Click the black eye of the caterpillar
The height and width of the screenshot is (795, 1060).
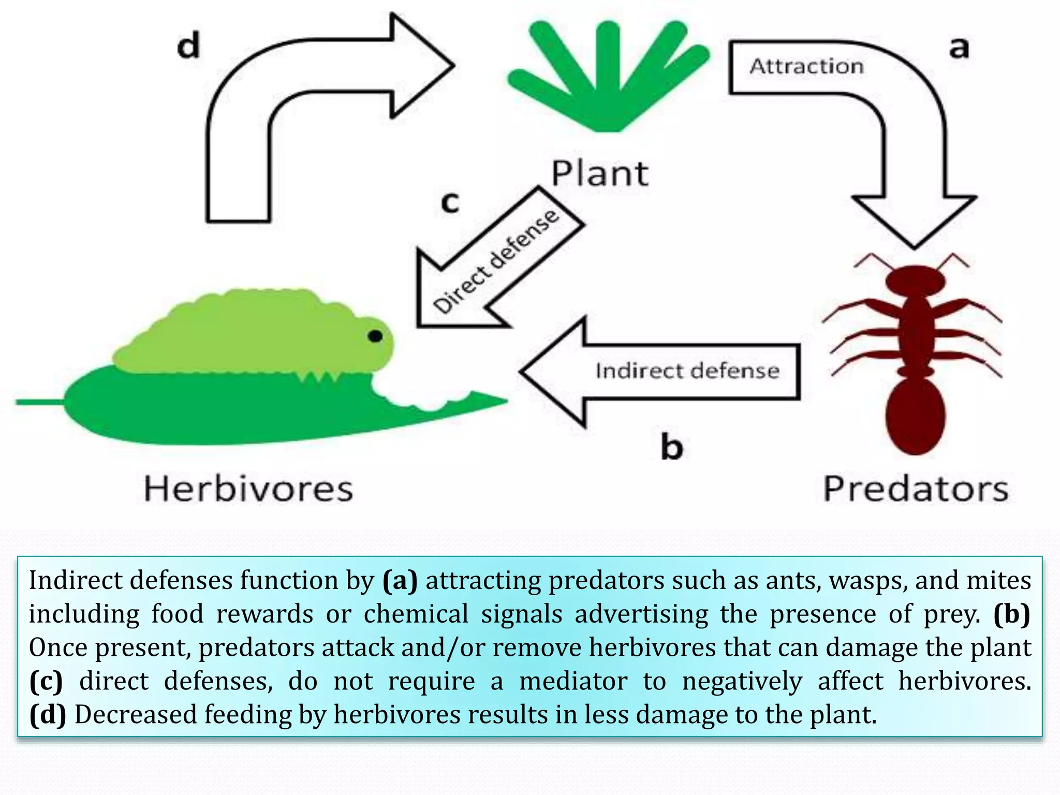pyautogui.click(x=375, y=336)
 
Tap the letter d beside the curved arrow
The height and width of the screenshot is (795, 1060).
pyautogui.click(x=188, y=45)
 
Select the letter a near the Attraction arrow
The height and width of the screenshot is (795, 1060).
pyautogui.click(x=959, y=48)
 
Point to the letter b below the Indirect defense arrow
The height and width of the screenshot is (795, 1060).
pyautogui.click(x=672, y=447)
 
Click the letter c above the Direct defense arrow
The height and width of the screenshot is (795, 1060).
pyautogui.click(x=450, y=202)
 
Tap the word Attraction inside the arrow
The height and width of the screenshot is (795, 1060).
pyautogui.click(x=807, y=66)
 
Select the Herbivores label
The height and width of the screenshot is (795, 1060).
pyautogui.click(x=248, y=489)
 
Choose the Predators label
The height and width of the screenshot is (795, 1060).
pyautogui.click(x=916, y=489)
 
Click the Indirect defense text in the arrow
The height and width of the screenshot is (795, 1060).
pyautogui.click(x=687, y=371)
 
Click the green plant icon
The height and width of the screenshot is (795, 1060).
pyautogui.click(x=608, y=78)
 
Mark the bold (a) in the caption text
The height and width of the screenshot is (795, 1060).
pyautogui.click(x=400, y=580)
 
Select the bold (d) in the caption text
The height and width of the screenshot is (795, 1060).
pyautogui.click(x=48, y=715)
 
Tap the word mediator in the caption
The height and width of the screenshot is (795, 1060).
pyautogui.click(x=573, y=681)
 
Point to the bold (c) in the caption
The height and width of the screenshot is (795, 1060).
pyautogui.click(x=46, y=681)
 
